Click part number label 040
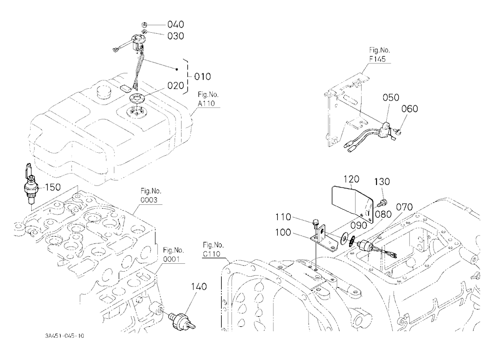[x=176, y=24]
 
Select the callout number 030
[x=176, y=36]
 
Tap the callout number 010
[x=202, y=76]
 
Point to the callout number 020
[x=176, y=86]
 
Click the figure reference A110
[x=206, y=103]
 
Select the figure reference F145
[x=377, y=59]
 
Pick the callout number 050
[x=391, y=97]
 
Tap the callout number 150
[x=53, y=187]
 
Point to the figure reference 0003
[x=149, y=200]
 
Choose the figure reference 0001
[x=171, y=259]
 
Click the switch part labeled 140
[x=182, y=319]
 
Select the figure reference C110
[x=211, y=254]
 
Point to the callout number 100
[x=283, y=233]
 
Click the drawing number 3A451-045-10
[x=64, y=336]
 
